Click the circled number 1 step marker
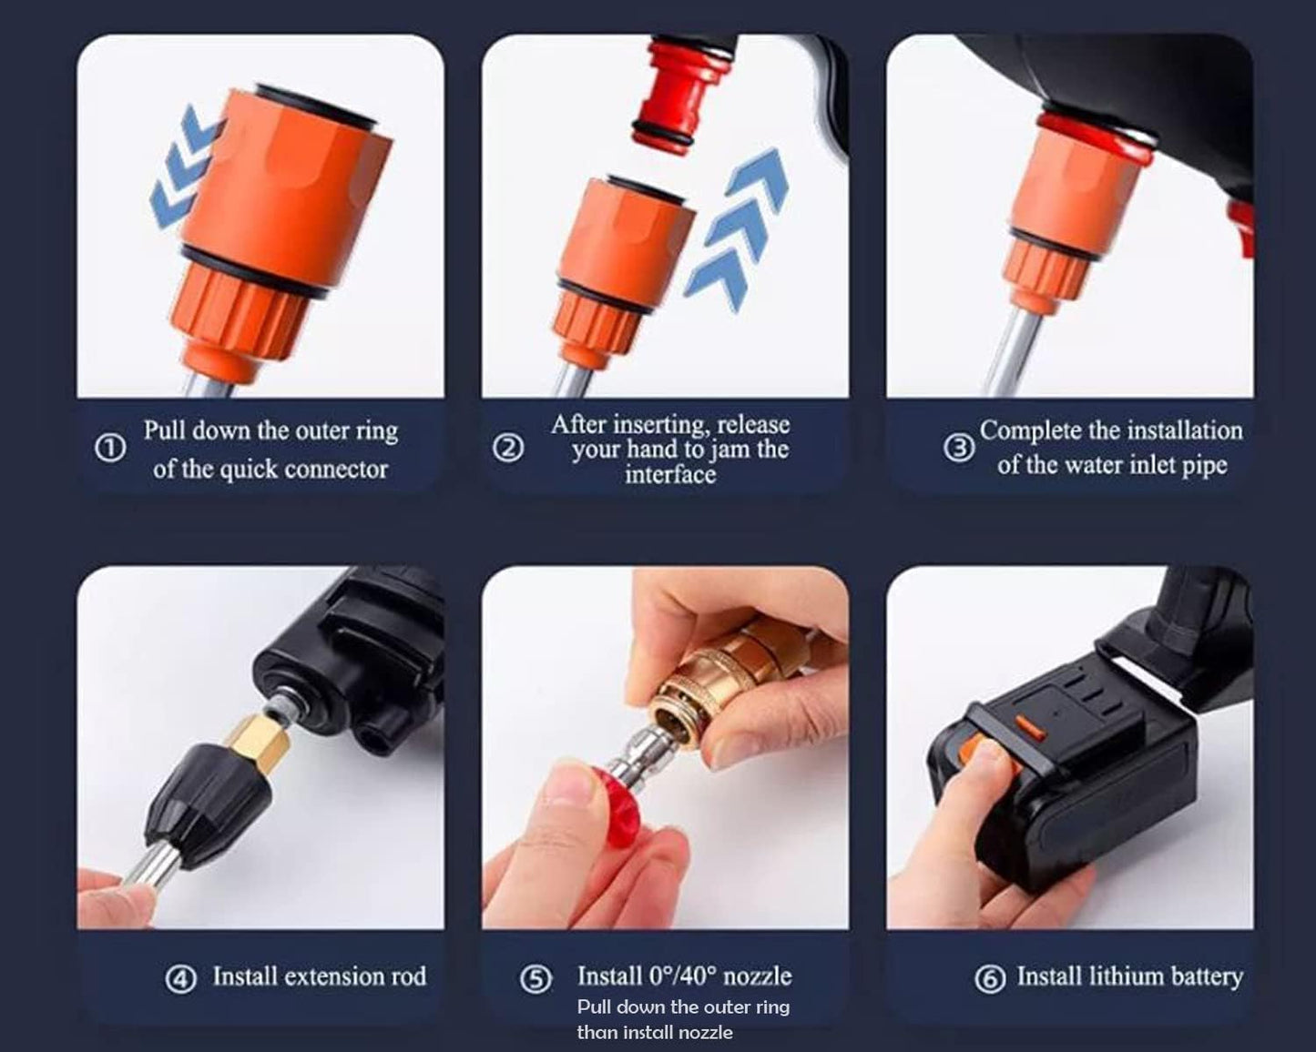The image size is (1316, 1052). click(x=110, y=449)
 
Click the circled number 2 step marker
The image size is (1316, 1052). click(x=508, y=448)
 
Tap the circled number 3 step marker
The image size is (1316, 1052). click(x=958, y=448)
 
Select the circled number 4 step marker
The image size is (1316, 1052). click(x=181, y=979)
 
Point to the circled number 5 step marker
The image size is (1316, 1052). click(x=536, y=979)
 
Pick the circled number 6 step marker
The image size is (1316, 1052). click(x=990, y=979)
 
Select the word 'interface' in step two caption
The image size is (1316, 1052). click(x=669, y=475)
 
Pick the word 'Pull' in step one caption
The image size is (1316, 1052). click(x=165, y=430)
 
